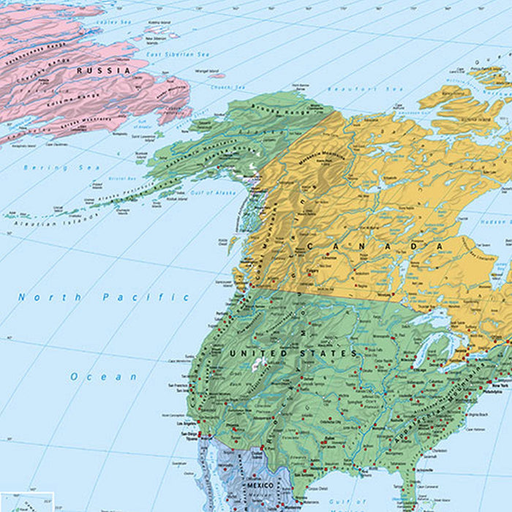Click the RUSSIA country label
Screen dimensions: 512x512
[x=103, y=70]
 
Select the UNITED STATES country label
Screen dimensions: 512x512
[x=293, y=353]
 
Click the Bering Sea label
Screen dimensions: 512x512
[x=50, y=167]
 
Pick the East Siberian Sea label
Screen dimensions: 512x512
[x=177, y=55]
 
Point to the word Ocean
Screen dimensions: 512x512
[x=104, y=377]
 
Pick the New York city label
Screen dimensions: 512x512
[x=500, y=385]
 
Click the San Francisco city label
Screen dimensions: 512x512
[x=178, y=385]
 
